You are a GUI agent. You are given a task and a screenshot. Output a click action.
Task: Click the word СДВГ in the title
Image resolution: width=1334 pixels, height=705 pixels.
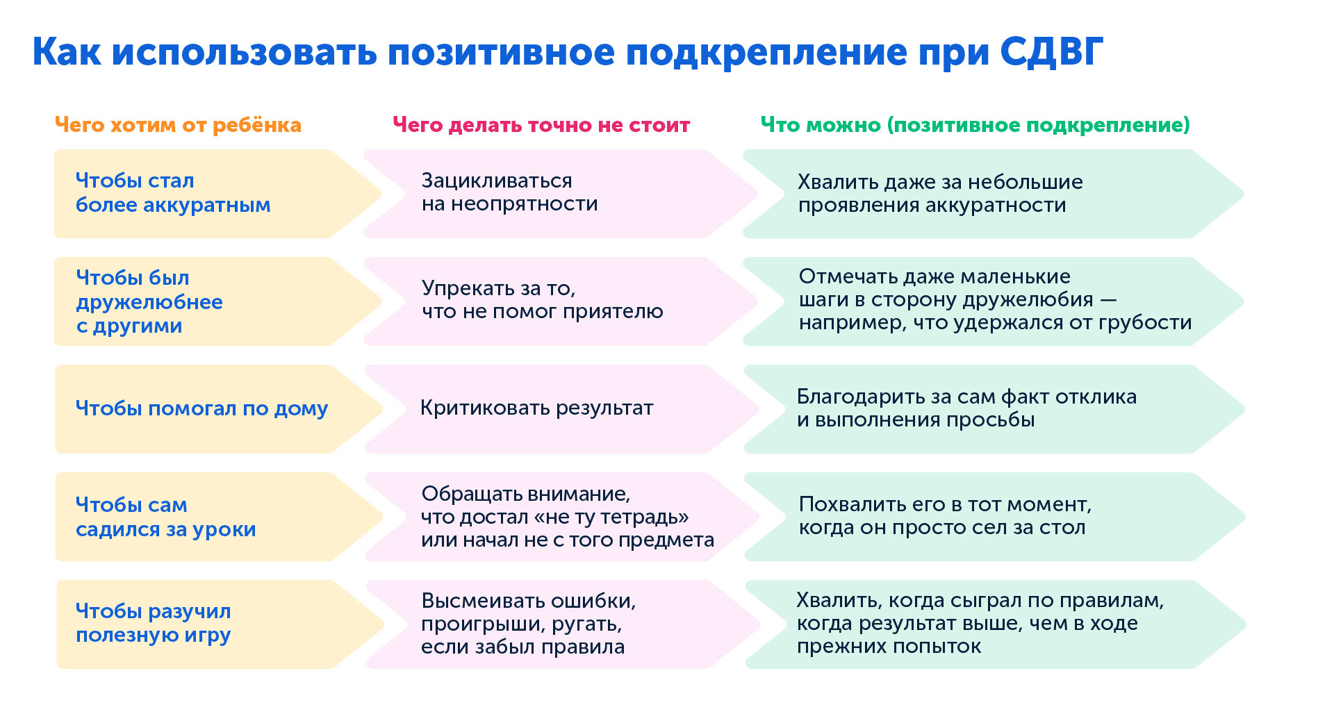pos(1051,52)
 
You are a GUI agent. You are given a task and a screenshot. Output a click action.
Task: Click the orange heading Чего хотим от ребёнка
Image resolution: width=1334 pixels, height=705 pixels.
pos(178,125)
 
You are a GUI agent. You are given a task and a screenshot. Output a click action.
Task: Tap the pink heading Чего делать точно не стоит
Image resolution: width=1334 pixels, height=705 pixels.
pos(541,125)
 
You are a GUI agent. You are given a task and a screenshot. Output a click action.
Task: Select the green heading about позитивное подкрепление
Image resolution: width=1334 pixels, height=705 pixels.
pos(975,125)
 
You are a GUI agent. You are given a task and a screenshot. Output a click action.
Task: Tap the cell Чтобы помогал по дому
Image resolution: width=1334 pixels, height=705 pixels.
pos(201,408)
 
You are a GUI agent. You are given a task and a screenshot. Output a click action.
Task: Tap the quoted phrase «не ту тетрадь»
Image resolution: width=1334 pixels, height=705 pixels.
pos(611,517)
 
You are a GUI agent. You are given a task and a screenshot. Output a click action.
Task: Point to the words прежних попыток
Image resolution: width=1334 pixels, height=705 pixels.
pos(889,647)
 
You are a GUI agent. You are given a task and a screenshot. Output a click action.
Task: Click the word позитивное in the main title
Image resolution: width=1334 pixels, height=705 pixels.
pos(501,52)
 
